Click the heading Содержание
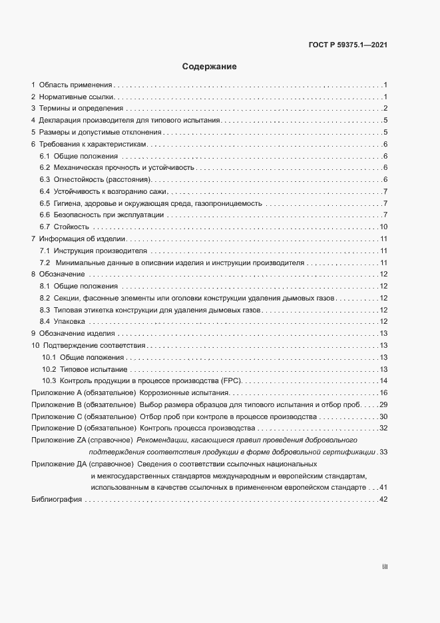(209, 67)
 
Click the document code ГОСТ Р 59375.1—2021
(348, 45)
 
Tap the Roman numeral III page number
(384, 566)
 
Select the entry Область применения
(76, 85)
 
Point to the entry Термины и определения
(81, 109)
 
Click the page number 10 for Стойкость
(383, 228)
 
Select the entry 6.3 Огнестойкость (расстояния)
(97, 180)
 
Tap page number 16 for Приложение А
(383, 393)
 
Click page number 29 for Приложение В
(383, 405)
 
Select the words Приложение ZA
(59, 440)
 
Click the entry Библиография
(56, 500)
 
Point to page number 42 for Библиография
(383, 500)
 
